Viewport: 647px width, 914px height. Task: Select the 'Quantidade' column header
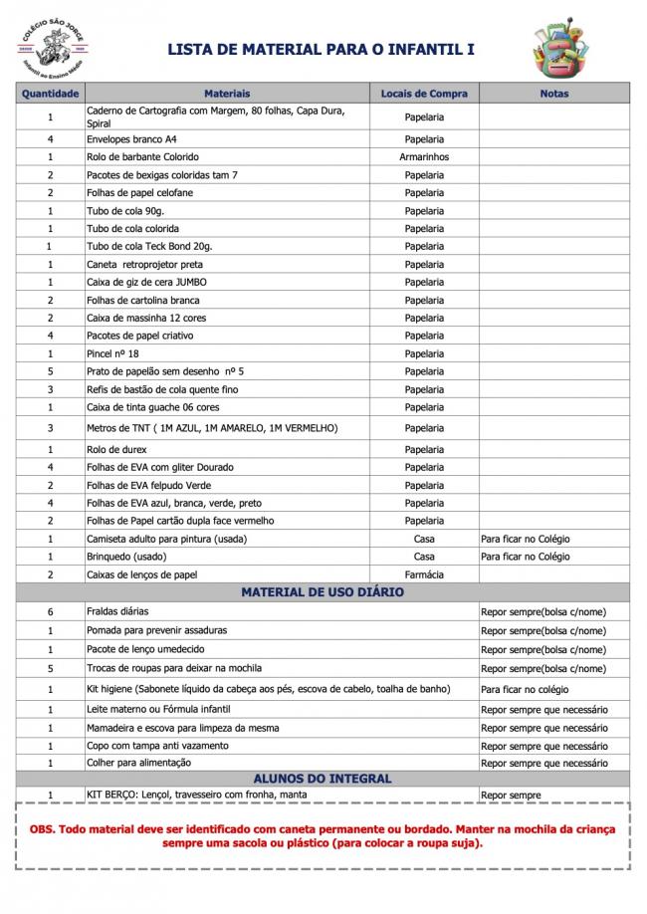tap(51, 94)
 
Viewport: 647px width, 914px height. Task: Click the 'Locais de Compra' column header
tap(424, 94)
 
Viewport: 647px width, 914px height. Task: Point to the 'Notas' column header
tap(554, 94)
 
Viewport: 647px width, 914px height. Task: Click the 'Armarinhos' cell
tap(424, 157)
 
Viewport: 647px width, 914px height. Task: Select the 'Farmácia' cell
tap(424, 574)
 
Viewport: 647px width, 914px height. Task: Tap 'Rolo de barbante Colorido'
tap(142, 157)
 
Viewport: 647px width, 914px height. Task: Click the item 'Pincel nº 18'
tap(112, 353)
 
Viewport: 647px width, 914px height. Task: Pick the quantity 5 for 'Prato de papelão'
tap(50, 371)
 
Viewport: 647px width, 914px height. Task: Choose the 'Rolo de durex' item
tap(116, 449)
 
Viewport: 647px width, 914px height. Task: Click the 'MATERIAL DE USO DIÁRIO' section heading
tap(323, 592)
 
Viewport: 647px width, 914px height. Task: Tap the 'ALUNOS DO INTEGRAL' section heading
tap(323, 779)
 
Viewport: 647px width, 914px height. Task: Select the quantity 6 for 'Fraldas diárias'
tap(50, 611)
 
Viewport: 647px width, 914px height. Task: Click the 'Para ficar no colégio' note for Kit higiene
tap(525, 689)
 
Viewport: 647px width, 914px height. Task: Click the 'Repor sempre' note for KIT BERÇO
tap(511, 796)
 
